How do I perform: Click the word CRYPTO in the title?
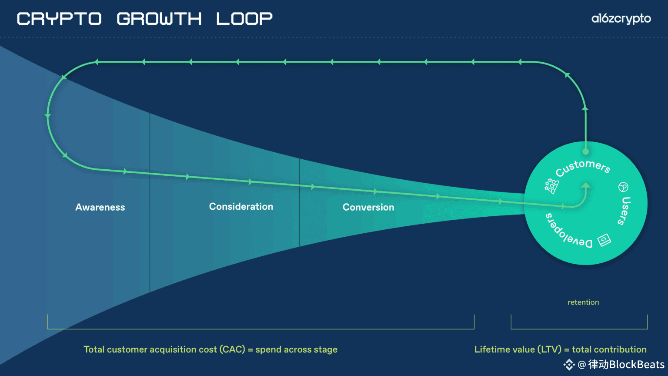click(59, 19)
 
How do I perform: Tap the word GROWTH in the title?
click(159, 19)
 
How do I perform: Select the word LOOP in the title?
click(244, 19)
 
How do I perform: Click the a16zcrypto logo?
click(621, 19)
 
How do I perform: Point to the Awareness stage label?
click(100, 207)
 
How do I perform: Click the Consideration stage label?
click(241, 207)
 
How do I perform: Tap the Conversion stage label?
click(368, 207)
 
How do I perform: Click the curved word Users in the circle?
click(625, 211)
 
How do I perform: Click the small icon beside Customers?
click(551, 186)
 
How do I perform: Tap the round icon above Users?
click(623, 187)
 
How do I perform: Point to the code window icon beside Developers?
click(604, 240)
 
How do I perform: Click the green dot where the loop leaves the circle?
click(586, 151)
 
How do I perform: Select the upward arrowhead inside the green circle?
click(586, 186)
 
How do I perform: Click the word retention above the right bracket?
click(583, 302)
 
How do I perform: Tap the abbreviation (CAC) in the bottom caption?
click(232, 349)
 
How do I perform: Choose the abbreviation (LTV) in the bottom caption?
click(549, 349)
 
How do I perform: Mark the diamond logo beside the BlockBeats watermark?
click(569, 365)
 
